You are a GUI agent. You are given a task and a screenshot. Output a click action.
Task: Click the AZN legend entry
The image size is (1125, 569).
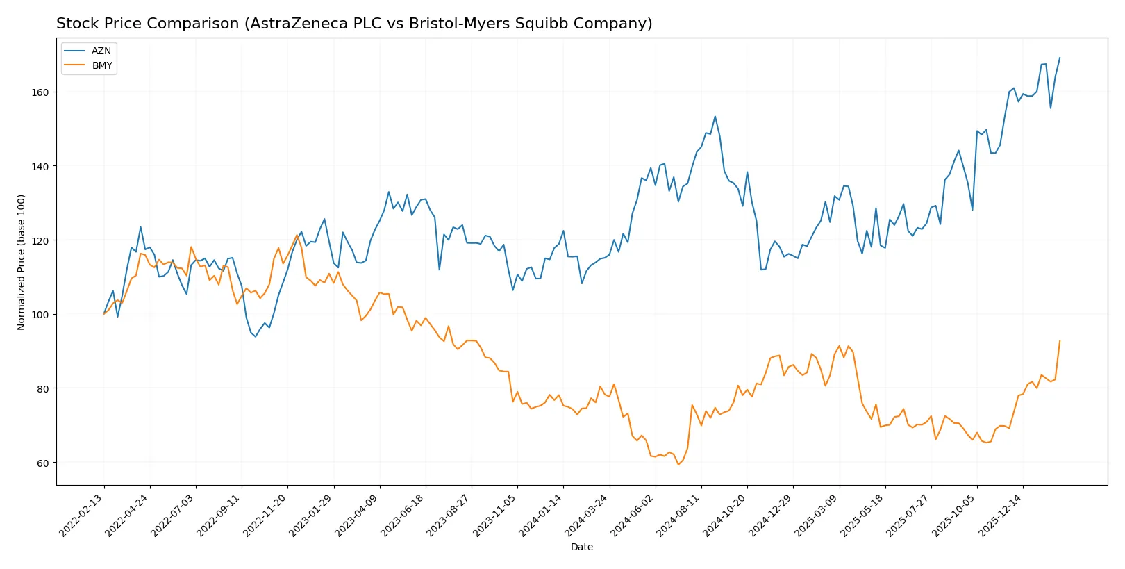coord(101,51)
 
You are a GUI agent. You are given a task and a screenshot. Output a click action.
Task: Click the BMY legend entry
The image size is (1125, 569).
coord(102,65)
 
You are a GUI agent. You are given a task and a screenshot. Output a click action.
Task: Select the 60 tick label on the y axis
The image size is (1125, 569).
coord(43,463)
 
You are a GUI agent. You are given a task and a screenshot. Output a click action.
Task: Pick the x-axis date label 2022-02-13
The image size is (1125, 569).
coord(82,516)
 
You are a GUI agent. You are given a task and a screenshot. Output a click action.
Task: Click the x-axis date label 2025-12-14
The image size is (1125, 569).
coord(1001,516)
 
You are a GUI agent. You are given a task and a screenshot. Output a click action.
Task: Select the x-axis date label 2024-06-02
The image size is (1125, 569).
coord(633,516)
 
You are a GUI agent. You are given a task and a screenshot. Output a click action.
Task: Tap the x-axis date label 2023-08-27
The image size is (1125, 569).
coord(449,516)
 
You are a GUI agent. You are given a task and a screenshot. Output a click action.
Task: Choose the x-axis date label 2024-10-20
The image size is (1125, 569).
coord(725,516)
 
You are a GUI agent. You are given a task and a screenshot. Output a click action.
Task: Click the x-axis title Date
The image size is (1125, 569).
coord(581,547)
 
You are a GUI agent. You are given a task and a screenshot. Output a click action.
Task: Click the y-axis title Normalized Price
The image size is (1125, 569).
coord(22,262)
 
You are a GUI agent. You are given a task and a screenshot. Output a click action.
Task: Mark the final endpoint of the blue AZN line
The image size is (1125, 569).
coord(1060,58)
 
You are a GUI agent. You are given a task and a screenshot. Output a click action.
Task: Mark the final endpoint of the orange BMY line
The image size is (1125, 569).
coord(1060,341)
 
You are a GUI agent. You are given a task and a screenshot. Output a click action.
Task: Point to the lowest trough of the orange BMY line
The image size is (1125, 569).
coord(678,464)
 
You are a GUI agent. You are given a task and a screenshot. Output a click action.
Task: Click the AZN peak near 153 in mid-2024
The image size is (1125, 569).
coord(715,117)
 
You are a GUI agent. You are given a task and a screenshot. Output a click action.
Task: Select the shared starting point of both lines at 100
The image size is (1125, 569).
coord(104,314)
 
